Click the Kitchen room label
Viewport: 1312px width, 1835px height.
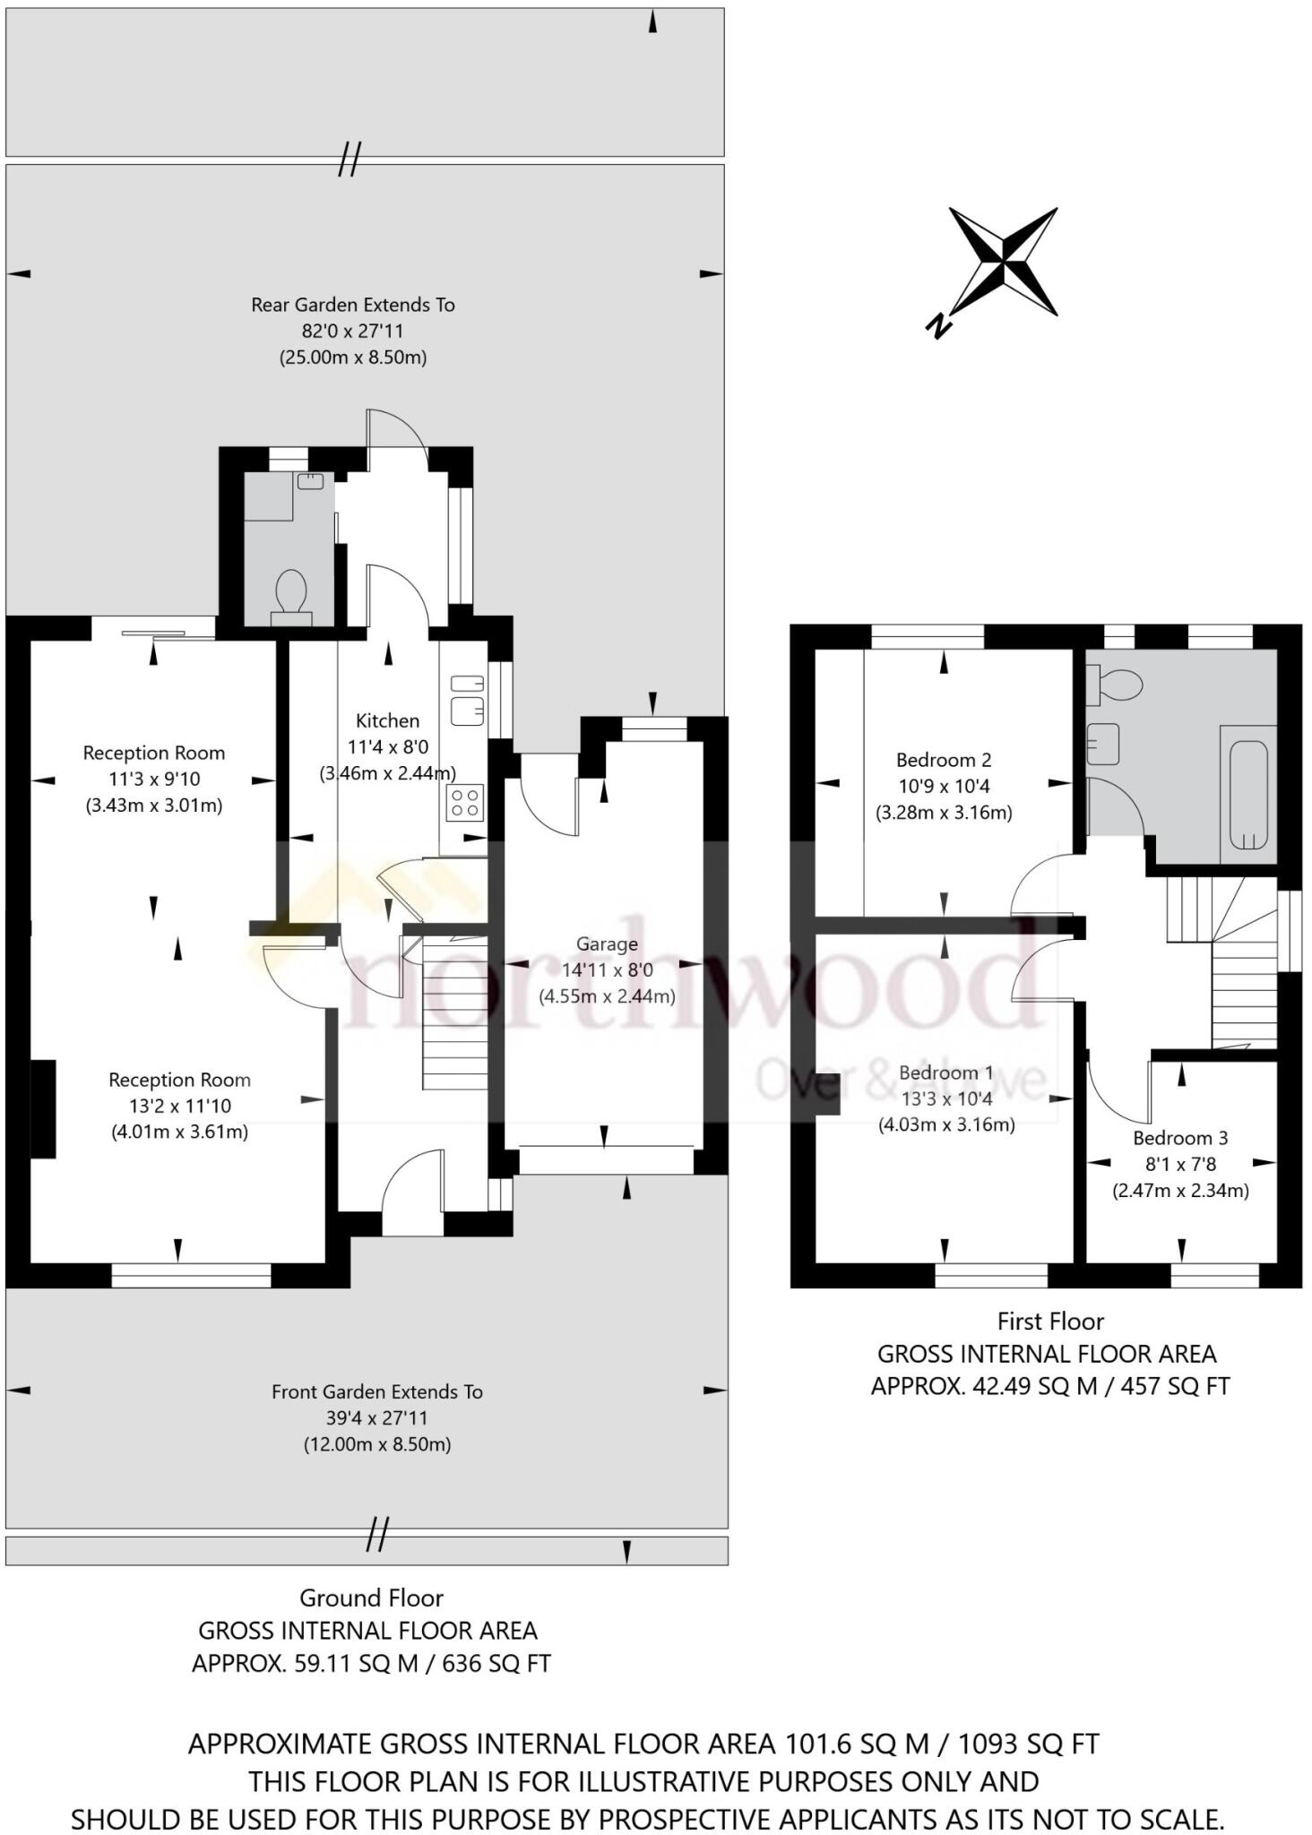(x=387, y=720)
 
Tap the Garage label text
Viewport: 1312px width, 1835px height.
(x=607, y=943)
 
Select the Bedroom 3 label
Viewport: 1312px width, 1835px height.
(x=1180, y=1138)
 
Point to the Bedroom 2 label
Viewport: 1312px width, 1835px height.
(x=944, y=760)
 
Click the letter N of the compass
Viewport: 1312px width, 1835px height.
(x=937, y=327)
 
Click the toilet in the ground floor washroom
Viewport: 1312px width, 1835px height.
(x=291, y=594)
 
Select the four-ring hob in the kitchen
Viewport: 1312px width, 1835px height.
(x=465, y=803)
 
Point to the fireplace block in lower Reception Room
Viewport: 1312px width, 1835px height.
(x=43, y=1109)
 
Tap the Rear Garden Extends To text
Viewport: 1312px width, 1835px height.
(x=353, y=305)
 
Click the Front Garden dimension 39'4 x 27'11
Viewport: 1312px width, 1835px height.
(x=377, y=1417)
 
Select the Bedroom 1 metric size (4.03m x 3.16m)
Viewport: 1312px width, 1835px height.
(x=946, y=1124)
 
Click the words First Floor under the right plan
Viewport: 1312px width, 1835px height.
(x=1050, y=1321)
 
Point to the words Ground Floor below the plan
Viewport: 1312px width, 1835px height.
(x=371, y=1598)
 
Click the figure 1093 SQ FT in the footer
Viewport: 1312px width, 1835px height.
(x=1028, y=1744)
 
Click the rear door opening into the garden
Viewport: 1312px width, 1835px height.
(x=396, y=430)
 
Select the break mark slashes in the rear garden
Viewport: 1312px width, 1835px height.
(x=350, y=159)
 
